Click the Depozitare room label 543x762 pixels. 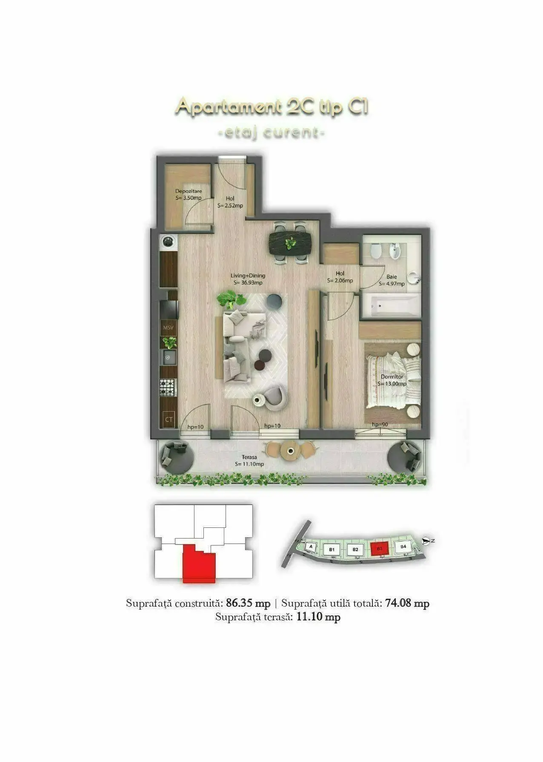click(x=189, y=191)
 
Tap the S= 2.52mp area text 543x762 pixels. click(x=230, y=206)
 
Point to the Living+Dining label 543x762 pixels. click(x=247, y=276)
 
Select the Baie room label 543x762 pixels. click(x=392, y=277)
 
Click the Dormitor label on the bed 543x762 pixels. click(x=392, y=377)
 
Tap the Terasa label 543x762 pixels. click(x=249, y=457)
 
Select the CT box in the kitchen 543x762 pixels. click(x=169, y=420)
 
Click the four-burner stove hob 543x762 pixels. click(x=168, y=388)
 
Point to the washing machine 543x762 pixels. click(x=169, y=242)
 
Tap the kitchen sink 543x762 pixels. click(x=169, y=357)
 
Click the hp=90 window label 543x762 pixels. click(x=380, y=424)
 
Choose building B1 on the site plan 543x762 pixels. click(x=332, y=550)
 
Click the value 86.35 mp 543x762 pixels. click(x=248, y=603)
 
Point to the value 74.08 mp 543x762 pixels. click(x=407, y=603)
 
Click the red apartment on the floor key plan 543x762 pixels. click(x=198, y=564)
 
